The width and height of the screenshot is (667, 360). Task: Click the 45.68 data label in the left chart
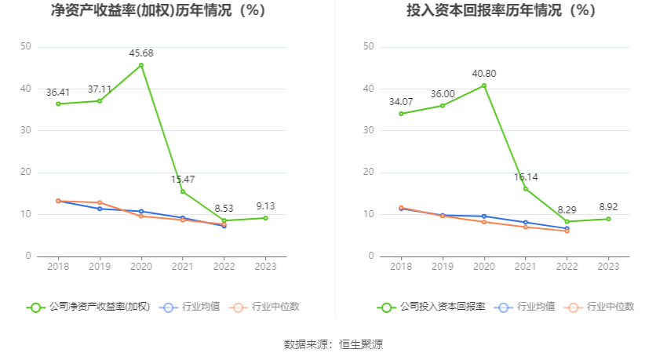click(141, 53)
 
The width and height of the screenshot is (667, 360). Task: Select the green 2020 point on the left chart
click(141, 65)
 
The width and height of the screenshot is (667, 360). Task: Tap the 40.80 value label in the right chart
click(484, 74)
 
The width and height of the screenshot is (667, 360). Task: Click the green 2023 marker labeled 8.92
click(608, 219)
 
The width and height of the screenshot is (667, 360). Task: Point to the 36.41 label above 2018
click(58, 92)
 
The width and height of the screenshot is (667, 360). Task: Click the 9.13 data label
click(265, 206)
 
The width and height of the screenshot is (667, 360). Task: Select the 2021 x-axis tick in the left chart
click(183, 267)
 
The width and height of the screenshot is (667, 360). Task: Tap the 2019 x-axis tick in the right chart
click(443, 267)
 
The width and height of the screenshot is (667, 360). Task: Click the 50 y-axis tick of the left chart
click(25, 47)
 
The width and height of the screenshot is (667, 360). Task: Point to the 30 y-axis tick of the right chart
click(368, 130)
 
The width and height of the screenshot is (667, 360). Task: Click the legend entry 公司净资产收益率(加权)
click(88, 307)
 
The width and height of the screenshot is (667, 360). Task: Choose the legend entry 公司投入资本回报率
click(432, 307)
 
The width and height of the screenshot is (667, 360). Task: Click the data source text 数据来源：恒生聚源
click(333, 344)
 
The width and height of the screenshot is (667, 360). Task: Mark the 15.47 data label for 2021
click(183, 180)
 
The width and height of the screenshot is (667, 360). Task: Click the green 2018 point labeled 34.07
click(401, 114)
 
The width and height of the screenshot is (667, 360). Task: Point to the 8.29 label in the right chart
click(567, 210)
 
